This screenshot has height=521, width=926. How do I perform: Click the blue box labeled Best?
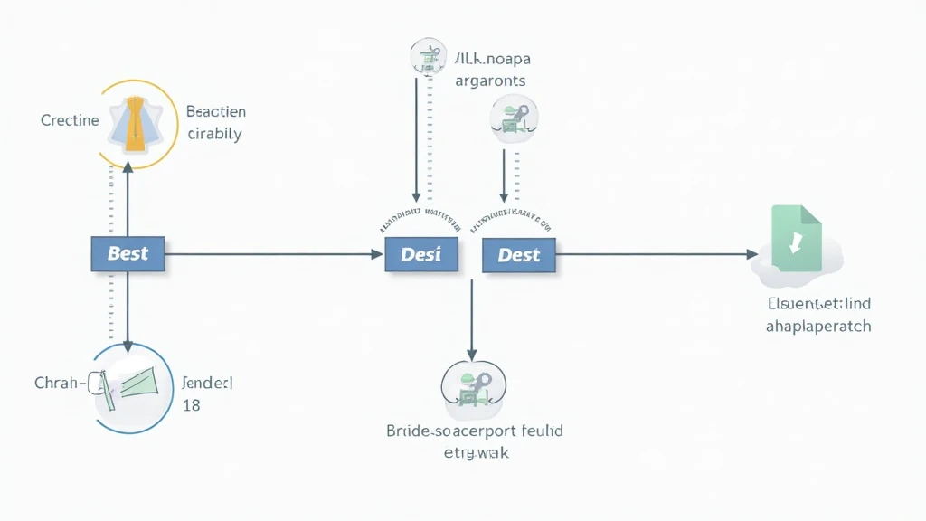click(x=128, y=253)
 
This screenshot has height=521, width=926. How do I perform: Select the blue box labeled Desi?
click(x=420, y=254)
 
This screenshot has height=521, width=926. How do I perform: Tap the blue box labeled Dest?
click(x=518, y=255)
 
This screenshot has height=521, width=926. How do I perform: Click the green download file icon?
click(x=796, y=239)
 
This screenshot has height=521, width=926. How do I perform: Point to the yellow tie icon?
click(x=134, y=125)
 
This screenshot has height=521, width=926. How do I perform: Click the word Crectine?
click(x=70, y=120)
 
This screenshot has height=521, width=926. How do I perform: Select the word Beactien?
click(x=215, y=112)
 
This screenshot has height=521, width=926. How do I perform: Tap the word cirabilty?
click(x=213, y=134)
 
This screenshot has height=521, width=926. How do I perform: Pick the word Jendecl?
click(x=207, y=383)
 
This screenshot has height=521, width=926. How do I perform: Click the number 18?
click(x=191, y=405)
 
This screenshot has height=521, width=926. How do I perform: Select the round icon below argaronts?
click(x=512, y=118)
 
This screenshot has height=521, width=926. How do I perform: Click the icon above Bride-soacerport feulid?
click(x=473, y=386)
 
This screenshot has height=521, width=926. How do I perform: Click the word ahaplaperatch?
click(x=817, y=326)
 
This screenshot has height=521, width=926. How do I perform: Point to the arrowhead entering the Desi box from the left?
click(x=378, y=255)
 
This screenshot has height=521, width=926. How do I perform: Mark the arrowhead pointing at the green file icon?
click(x=752, y=255)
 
